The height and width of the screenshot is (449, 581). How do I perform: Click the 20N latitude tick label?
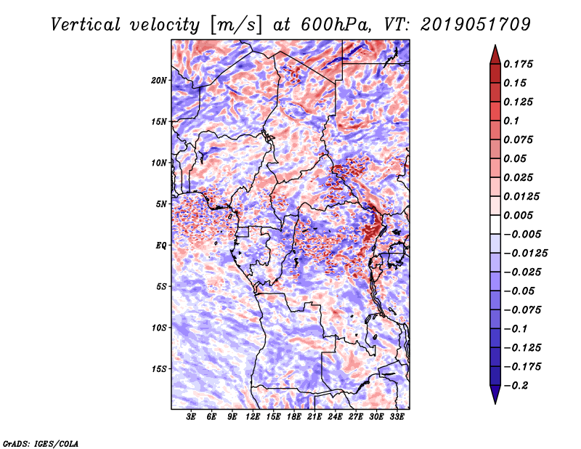point(159,80)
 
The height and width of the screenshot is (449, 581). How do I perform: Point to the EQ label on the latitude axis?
point(161,246)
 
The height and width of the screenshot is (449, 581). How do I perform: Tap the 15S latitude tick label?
point(159,369)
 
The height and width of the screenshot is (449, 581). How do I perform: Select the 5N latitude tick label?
point(161,204)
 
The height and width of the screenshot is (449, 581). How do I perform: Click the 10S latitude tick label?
point(159,328)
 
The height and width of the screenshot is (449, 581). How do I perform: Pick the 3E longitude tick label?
point(191,417)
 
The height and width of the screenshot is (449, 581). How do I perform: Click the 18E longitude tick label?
point(294,417)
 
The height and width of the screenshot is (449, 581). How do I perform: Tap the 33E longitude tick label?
point(397,417)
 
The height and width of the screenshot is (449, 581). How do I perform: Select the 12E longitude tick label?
point(253,417)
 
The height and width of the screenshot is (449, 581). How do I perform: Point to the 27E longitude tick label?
point(356,417)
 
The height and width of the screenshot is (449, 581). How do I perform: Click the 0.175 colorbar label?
point(518,64)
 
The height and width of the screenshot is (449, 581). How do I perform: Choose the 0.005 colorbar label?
point(518,215)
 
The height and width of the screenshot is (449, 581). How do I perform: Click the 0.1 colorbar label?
point(511,121)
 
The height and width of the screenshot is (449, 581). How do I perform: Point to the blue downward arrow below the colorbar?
point(495,395)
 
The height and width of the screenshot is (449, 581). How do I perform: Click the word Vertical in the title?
point(85,25)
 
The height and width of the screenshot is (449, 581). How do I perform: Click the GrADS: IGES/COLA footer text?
point(41,444)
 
